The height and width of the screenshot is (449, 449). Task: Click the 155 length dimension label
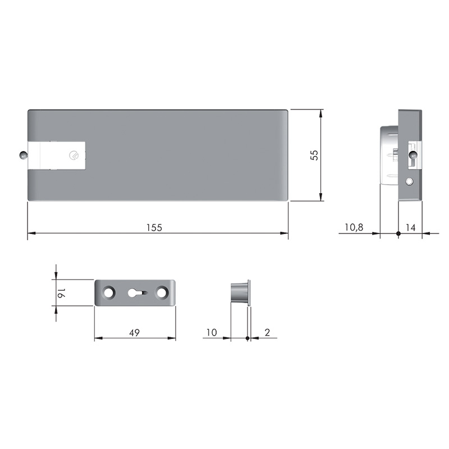click(154, 228)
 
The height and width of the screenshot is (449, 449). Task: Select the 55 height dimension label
click(314, 155)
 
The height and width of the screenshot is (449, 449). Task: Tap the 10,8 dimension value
click(354, 227)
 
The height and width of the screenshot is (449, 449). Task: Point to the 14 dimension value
click(410, 228)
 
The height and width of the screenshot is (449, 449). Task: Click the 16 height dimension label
click(61, 293)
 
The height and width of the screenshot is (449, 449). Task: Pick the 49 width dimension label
click(134, 333)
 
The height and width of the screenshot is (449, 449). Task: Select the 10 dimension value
click(212, 332)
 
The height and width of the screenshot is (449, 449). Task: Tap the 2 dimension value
click(267, 332)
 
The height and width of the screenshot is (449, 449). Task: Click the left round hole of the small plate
click(108, 292)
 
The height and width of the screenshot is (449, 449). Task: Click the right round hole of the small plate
click(161, 292)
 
